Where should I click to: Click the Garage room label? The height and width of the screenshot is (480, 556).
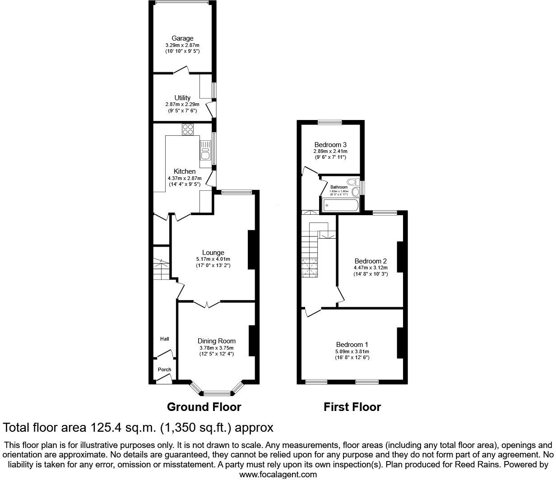(182, 38)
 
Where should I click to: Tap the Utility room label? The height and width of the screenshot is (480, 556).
(182, 98)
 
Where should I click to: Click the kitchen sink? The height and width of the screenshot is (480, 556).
(205, 150)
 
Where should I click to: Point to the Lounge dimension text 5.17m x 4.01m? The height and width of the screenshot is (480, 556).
(213, 259)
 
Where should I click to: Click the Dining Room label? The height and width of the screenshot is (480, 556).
(217, 341)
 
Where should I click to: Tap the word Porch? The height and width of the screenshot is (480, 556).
(164, 369)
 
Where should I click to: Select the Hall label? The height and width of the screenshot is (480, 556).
(164, 339)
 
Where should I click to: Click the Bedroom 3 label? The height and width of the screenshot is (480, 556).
(330, 145)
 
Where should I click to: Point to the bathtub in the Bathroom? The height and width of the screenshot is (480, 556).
(340, 206)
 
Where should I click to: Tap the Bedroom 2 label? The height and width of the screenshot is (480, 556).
(371, 261)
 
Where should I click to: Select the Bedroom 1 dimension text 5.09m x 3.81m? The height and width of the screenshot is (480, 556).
(352, 351)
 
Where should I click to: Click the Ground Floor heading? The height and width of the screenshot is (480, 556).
(204, 407)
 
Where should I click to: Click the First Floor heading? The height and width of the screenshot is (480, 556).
(352, 407)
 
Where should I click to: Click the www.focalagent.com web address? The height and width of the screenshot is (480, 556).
(278, 474)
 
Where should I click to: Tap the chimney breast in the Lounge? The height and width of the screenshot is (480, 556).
(251, 250)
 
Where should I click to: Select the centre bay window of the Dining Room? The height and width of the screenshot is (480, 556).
(217, 392)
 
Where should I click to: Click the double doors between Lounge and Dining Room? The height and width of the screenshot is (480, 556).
(207, 304)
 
